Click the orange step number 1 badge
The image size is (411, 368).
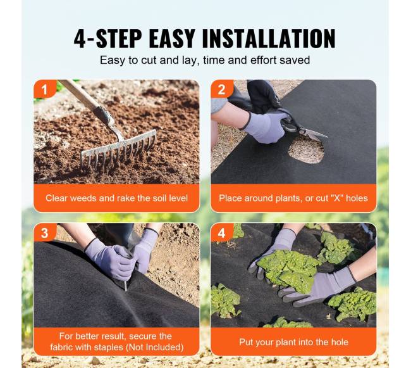[44, 89]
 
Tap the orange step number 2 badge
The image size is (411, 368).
[222, 89]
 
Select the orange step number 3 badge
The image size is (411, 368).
[44, 232]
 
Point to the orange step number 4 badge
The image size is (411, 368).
[222, 232]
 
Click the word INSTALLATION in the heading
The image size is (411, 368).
[269, 39]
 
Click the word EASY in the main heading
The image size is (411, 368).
[172, 39]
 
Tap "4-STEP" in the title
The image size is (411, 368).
[107, 39]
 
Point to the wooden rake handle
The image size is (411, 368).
[84, 98]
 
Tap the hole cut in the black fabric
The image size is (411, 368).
[306, 150]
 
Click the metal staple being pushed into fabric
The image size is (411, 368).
[126, 286]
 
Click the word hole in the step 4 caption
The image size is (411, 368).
[340, 342]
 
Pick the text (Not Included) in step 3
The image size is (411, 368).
[155, 347]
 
